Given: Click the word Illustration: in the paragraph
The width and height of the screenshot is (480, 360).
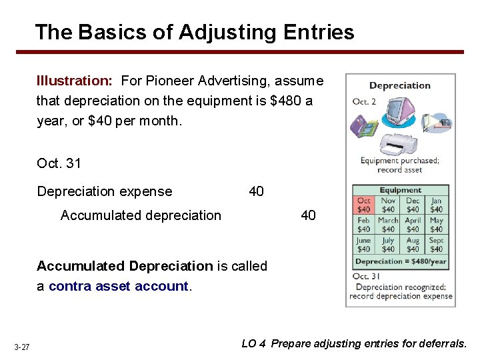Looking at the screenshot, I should [74, 81].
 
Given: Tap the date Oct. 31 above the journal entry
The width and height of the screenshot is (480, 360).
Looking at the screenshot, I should [59, 163].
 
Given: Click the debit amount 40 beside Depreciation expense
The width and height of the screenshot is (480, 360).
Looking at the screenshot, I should [256, 192].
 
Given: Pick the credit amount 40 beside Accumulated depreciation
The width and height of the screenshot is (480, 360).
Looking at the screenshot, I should [308, 215].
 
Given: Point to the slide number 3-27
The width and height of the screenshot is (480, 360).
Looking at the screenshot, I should [21, 347].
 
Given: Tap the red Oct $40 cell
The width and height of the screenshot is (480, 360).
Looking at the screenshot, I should [364, 205].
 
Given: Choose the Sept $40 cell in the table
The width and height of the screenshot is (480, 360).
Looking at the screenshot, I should [436, 245].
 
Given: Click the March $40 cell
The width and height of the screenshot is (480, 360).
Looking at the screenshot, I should [388, 225].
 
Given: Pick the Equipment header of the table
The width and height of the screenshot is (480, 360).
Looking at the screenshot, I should [400, 190].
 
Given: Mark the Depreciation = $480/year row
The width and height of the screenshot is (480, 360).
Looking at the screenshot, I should [400, 261].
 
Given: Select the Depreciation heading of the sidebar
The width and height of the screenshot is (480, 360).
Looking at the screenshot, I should [400, 85].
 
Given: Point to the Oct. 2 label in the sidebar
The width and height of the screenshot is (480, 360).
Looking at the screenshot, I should [365, 101].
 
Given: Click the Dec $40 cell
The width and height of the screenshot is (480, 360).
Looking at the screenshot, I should [413, 205].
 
